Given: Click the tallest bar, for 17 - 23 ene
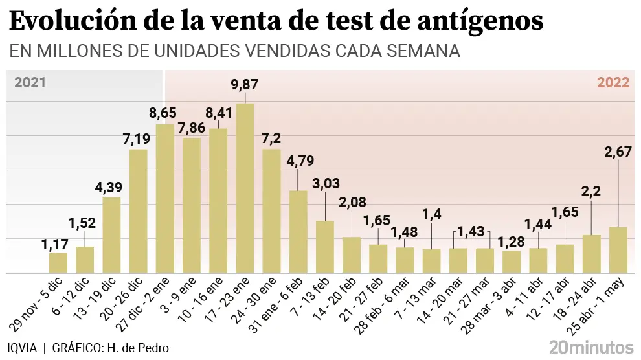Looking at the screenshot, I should tap(245, 188).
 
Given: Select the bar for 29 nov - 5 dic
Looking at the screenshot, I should tap(58, 262).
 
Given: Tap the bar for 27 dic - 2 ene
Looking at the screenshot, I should tap(165, 198).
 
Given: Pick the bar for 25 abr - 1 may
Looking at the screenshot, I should tap(618, 249).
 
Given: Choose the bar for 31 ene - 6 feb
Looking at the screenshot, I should tap(298, 231).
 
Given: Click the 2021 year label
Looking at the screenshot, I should tap(30, 82).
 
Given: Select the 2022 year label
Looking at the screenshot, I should tap(613, 82).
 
